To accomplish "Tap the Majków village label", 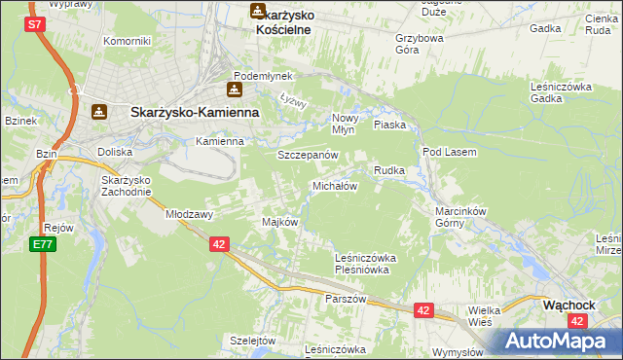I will tap(279, 222).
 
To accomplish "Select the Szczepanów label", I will tap(308, 155).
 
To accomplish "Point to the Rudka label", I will tap(389, 170).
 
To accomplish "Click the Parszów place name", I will tap(346, 299).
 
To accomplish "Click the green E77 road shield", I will tap(41, 244).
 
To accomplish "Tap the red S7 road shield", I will tap(34, 25).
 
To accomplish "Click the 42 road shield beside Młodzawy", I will tap(219, 244).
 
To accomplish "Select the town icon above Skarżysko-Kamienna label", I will tap(98, 112).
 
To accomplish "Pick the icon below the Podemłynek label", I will tap(235, 90).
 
